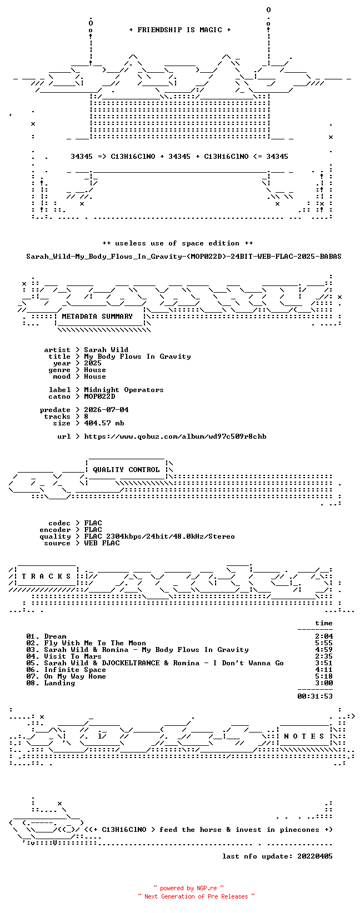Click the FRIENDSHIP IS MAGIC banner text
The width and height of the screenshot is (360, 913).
[x=180, y=30]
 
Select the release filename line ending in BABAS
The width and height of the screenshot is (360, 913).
[x=184, y=257]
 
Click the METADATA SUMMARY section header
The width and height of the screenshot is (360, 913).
[x=97, y=317]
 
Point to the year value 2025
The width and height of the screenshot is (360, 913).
[x=93, y=363]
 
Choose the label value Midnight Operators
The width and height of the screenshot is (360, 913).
[x=124, y=390]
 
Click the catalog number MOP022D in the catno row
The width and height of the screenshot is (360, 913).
[x=99, y=396]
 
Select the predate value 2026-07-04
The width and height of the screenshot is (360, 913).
[x=107, y=410]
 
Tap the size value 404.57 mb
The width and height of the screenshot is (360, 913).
[x=104, y=423]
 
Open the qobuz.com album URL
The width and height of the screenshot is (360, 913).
[x=176, y=437]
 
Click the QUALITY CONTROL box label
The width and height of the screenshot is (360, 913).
[x=126, y=469]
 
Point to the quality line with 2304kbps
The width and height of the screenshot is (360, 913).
[x=159, y=536]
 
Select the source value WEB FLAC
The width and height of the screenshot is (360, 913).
[x=102, y=543]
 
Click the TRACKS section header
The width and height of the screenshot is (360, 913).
[x=47, y=576]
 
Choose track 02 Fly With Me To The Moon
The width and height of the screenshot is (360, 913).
[x=86, y=643]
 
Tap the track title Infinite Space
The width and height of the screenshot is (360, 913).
[x=75, y=670]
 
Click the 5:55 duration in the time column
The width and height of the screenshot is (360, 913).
[x=324, y=643]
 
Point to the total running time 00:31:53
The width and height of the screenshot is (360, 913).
[x=315, y=696]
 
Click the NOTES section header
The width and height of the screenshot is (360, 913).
[x=304, y=736]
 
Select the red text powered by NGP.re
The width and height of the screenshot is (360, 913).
[x=188, y=888]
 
